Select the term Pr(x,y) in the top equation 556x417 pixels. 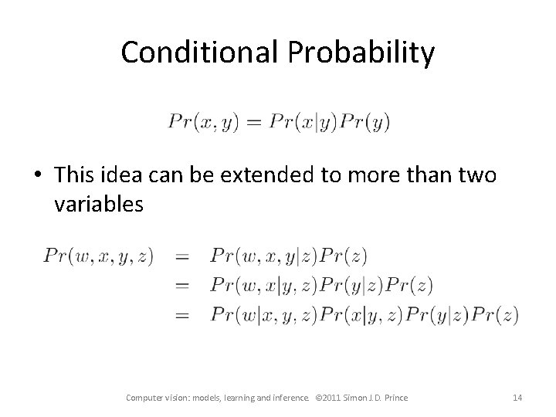pos(202,122)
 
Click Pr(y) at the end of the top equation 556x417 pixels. pos(365,122)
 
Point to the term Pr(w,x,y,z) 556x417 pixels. pos(99,256)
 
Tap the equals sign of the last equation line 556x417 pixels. pos(183,314)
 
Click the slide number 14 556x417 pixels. pos(517,398)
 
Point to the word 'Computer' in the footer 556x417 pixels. pos(145,398)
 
